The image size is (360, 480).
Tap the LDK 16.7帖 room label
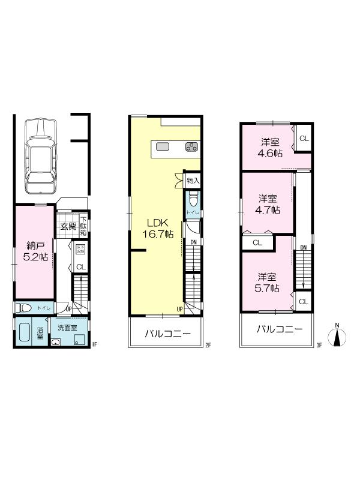click(158, 227)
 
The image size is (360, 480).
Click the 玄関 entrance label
click(68, 226)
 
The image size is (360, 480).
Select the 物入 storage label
click(193, 180)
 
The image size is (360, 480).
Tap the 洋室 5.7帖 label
click(268, 282)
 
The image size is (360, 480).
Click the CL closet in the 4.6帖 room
click(303, 139)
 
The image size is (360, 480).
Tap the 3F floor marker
click(319, 345)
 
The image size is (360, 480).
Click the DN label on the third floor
click(304, 248)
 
